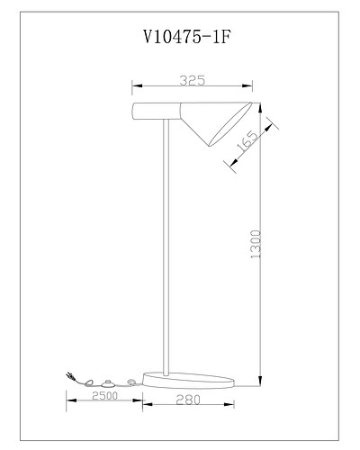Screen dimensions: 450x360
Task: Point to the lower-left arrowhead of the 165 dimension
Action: click(x=233, y=163)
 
